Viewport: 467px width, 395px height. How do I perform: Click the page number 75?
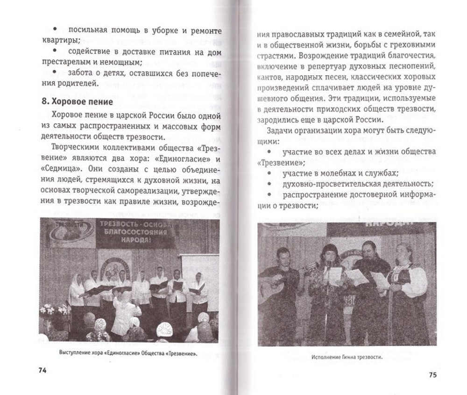coord(432,374)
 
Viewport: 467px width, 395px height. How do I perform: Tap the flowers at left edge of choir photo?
coord(51,311)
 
